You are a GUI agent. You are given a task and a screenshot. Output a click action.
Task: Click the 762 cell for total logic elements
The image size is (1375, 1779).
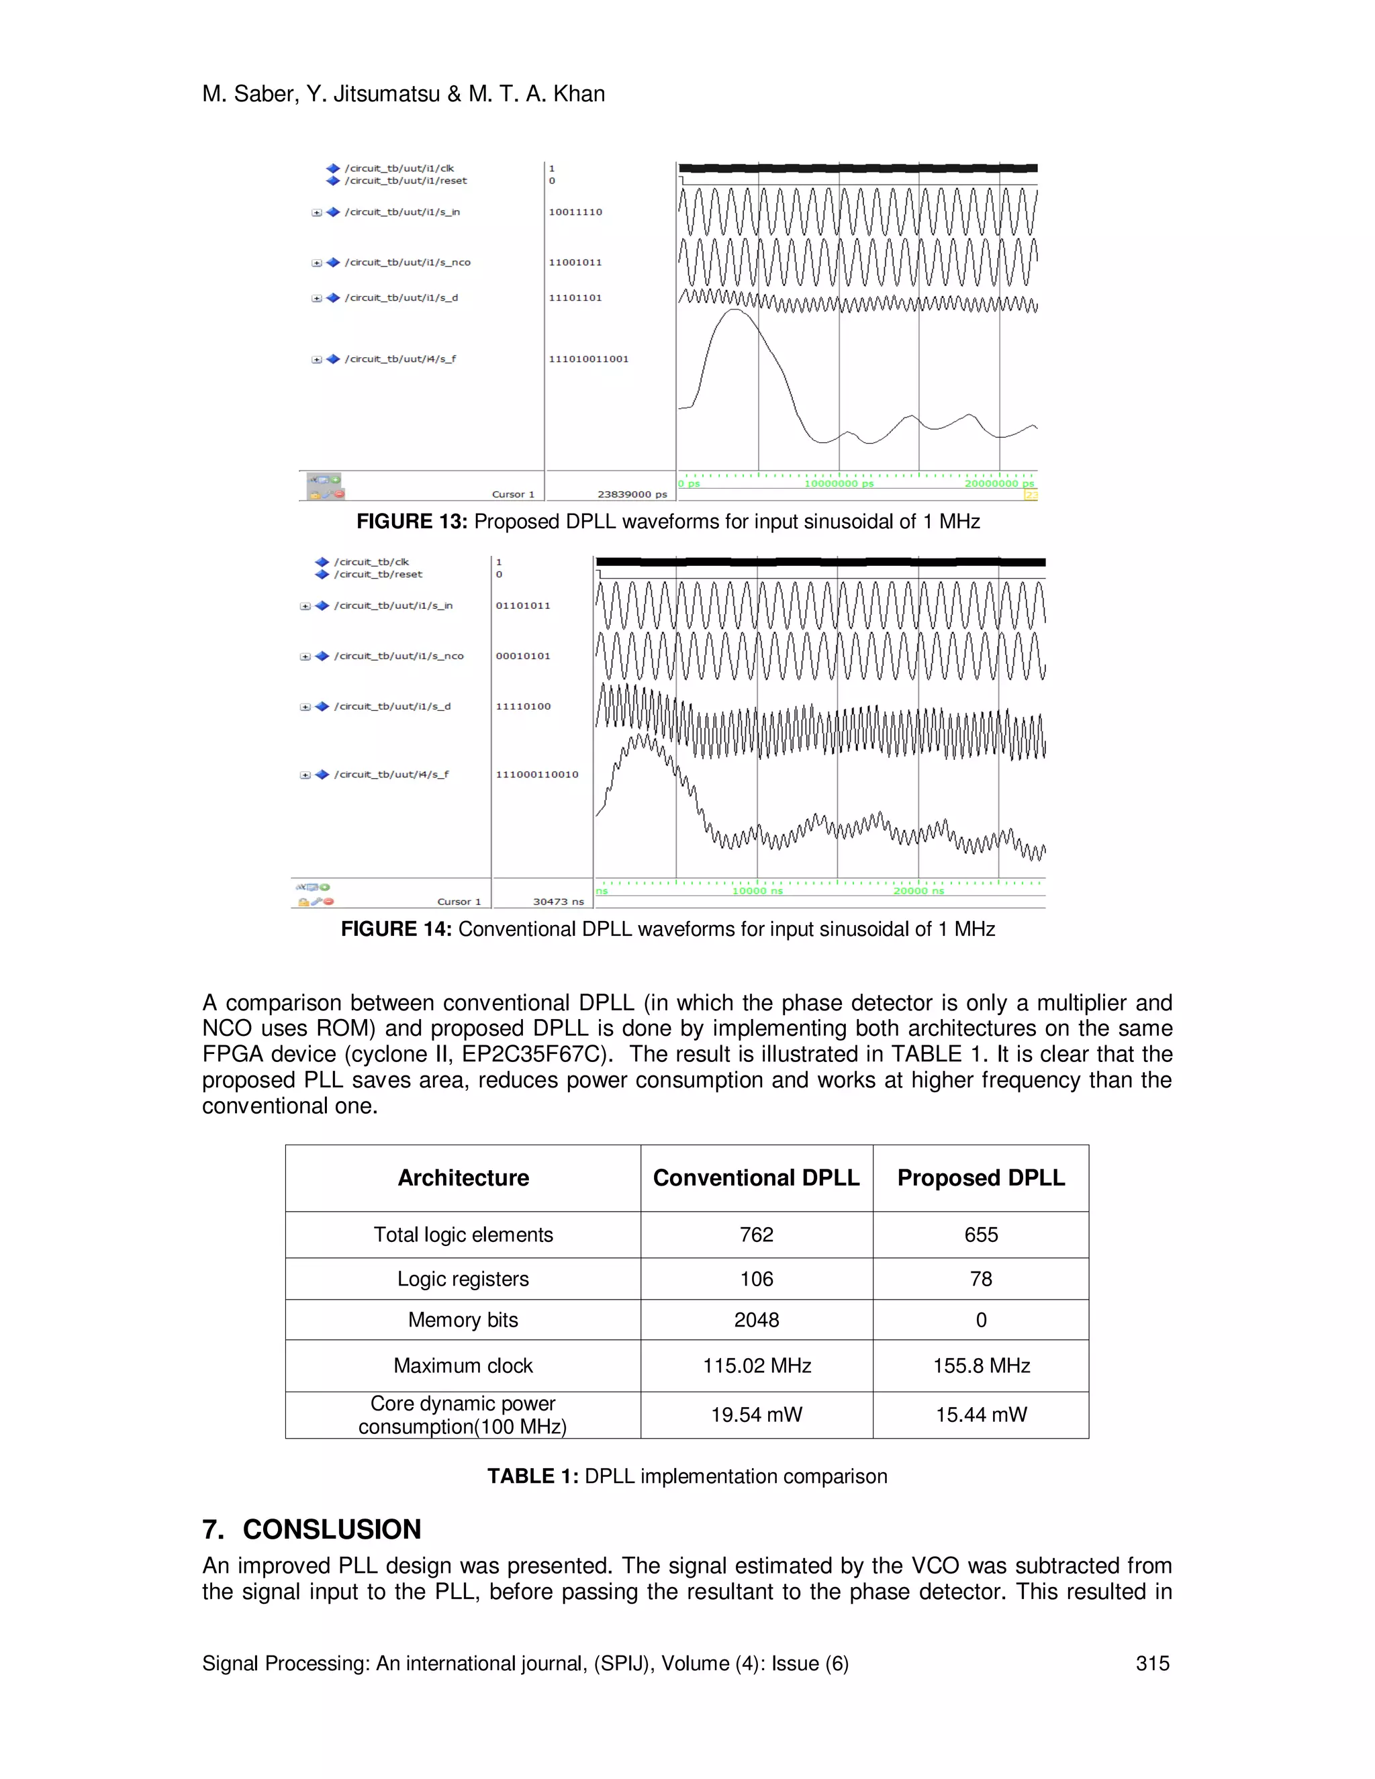pos(756,1235)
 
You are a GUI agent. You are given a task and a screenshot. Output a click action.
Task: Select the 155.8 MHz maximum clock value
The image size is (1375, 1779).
pos(981,1365)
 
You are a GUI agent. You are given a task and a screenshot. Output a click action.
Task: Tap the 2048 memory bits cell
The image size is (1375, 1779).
pos(756,1320)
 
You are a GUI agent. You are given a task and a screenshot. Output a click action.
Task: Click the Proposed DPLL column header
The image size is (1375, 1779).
pos(981,1178)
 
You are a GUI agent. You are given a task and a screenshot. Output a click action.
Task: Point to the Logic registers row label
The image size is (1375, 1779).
pos(463,1279)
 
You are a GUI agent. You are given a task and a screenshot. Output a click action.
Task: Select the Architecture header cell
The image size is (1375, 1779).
pos(463,1178)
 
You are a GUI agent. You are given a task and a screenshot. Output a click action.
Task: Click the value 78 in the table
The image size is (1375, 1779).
pos(981,1279)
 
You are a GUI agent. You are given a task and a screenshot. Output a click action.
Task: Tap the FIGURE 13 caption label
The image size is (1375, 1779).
pos(412,522)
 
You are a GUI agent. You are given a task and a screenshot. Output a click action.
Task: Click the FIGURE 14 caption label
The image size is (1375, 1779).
pos(396,929)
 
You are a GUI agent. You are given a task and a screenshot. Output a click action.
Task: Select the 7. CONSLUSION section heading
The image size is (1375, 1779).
pos(312,1530)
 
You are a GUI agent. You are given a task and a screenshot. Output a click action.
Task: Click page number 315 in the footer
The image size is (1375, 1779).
pos(1152,1664)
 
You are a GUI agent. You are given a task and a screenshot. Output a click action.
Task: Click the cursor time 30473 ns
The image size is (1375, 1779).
pos(558,902)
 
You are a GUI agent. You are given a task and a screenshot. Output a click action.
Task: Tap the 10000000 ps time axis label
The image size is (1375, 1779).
pos(838,484)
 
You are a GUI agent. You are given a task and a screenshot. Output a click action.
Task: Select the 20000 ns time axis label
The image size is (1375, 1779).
pos(918,891)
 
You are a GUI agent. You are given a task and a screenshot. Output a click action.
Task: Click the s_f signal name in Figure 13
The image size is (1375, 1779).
pos(400,359)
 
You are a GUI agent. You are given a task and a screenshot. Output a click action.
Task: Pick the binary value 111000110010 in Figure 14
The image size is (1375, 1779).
pos(537,775)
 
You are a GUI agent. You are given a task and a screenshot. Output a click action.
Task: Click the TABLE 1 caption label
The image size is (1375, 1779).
pos(532,1477)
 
